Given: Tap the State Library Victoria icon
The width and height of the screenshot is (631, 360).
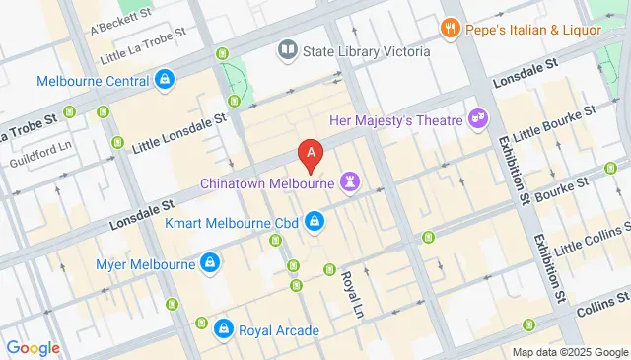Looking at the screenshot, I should pyautogui.click(x=288, y=48).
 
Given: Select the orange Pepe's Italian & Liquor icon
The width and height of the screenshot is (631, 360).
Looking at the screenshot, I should pyautogui.click(x=451, y=28).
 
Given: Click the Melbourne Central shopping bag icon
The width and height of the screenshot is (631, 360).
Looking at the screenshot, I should pyautogui.click(x=164, y=81).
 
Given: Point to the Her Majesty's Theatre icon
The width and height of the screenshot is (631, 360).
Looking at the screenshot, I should pyautogui.click(x=479, y=118).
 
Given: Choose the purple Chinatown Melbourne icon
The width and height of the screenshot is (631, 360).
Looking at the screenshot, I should pyautogui.click(x=349, y=182).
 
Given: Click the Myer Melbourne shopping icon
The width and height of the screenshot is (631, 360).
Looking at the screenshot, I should pyautogui.click(x=209, y=263).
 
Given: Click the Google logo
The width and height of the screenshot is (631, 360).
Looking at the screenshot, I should pyautogui.click(x=33, y=347).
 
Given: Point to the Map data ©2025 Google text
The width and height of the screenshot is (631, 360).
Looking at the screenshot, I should pyautogui.click(x=569, y=352).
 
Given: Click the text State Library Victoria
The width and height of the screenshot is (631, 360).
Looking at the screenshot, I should pyautogui.click(x=368, y=49).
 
